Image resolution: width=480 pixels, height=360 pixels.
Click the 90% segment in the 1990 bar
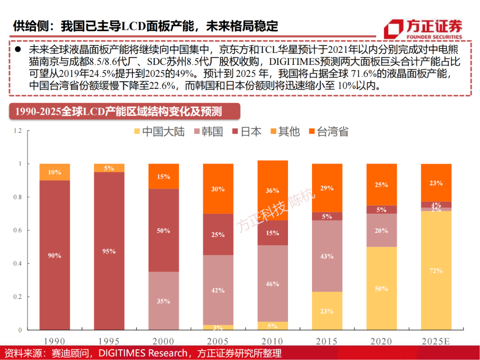point(55,255)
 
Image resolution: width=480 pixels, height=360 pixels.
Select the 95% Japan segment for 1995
point(109,251)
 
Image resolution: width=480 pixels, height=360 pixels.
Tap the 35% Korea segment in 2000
point(163,301)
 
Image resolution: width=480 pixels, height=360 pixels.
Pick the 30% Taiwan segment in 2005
point(218,189)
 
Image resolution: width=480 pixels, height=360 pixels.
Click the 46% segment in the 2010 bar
point(272,284)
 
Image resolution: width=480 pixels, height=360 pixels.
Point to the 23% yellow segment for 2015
point(327,311)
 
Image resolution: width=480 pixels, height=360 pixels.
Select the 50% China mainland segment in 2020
point(381,288)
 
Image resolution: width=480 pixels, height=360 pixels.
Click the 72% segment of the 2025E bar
point(436,271)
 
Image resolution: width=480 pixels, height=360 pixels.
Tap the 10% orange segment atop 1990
point(55,172)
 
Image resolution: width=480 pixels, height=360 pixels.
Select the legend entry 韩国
point(209,132)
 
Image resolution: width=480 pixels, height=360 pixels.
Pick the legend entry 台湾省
point(328,132)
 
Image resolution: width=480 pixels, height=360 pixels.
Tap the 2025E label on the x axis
point(436,341)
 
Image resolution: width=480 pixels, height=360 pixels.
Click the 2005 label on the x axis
point(218,341)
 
